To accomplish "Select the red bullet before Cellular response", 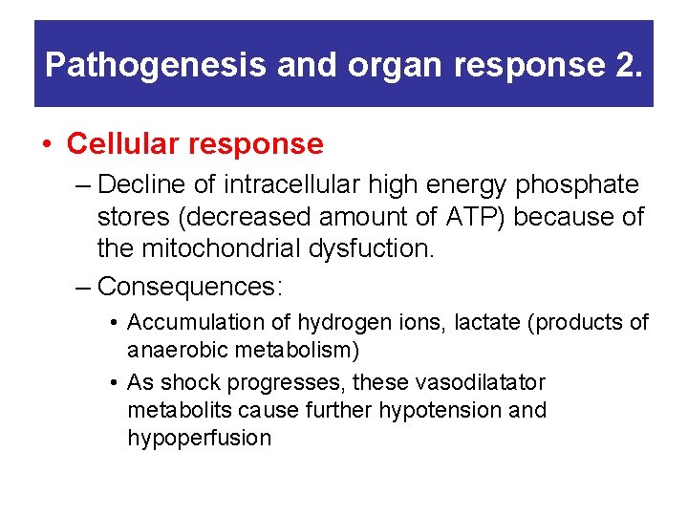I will (47, 145).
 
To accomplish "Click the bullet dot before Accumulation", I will (114, 323).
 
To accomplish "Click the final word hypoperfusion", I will (199, 439).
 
